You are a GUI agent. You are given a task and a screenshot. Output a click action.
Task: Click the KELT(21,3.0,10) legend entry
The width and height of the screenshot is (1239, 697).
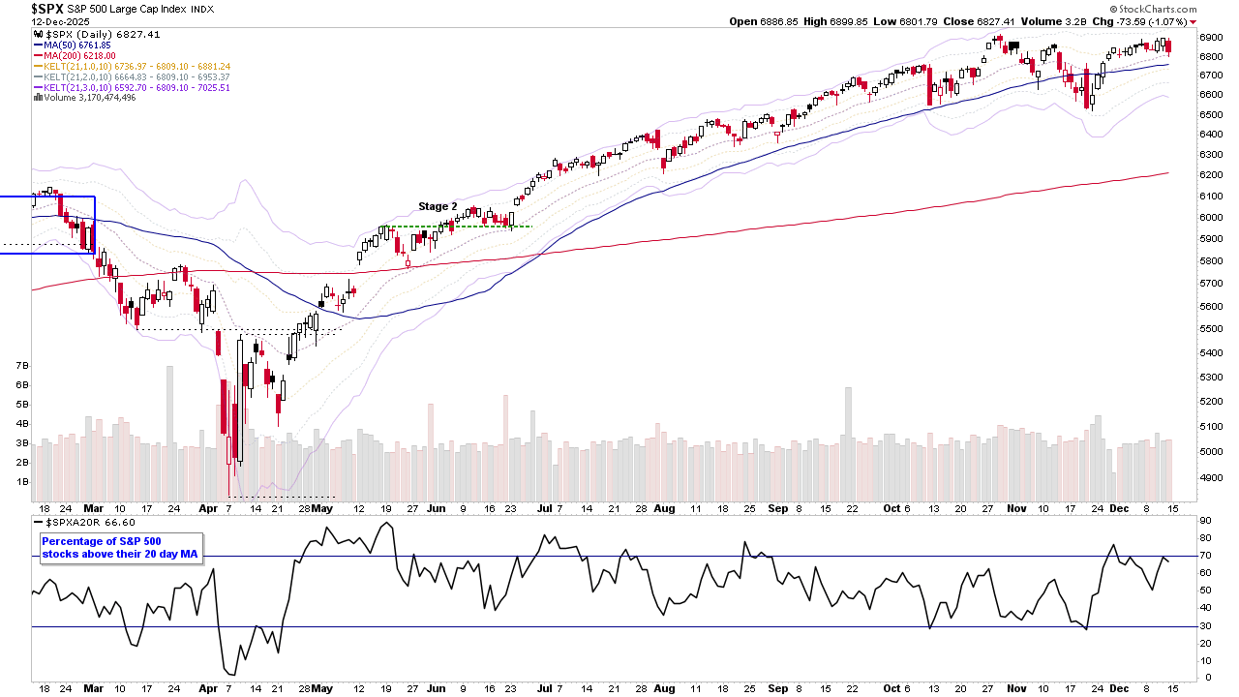pos(132,88)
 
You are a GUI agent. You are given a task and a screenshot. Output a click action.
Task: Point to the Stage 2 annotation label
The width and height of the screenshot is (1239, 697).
pos(438,206)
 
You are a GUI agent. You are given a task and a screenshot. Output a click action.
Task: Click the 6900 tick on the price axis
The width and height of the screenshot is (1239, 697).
pos(1211,36)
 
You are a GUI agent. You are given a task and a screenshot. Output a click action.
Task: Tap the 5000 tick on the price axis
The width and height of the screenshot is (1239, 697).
pos(1211,451)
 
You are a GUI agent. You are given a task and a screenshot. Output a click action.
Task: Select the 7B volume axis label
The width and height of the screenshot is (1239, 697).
pos(22,366)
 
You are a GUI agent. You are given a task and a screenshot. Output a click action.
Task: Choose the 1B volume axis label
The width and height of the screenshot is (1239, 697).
pos(22,481)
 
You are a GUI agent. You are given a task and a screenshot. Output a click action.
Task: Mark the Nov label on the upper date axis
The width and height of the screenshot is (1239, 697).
pos(1015,507)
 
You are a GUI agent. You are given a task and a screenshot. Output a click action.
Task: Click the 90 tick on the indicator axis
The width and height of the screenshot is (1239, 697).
pos(1205,521)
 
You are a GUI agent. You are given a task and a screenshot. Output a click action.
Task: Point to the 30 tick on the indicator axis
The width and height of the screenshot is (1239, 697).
pos(1205,625)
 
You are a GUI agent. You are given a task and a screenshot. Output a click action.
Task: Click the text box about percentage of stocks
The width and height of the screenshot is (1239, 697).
pos(120,548)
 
